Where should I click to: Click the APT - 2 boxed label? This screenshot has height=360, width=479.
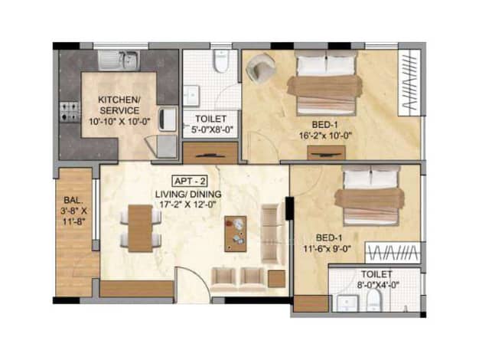(x=190, y=182)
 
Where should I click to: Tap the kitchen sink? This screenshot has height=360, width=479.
(x=119, y=61)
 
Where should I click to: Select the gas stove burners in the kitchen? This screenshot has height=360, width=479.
(x=70, y=112)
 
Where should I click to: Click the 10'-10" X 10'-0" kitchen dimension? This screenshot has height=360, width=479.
(x=120, y=122)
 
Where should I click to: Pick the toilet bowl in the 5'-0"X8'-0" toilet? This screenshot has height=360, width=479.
(x=221, y=61)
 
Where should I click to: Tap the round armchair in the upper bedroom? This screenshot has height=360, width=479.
(x=261, y=68)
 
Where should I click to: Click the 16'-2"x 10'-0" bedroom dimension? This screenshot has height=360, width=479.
(x=325, y=136)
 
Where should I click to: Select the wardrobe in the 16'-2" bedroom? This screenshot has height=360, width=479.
(x=409, y=83)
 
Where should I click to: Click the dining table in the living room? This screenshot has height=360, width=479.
(x=140, y=228)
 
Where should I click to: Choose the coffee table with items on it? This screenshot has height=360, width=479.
(x=236, y=234)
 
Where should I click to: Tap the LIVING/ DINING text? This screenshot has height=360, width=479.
(x=188, y=195)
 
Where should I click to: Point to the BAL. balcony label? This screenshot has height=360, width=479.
(x=73, y=201)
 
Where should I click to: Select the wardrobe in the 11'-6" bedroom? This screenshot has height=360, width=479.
(x=393, y=253)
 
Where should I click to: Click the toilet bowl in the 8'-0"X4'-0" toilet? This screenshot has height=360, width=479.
(x=374, y=300)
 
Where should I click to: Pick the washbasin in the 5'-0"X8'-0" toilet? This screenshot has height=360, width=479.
(x=191, y=96)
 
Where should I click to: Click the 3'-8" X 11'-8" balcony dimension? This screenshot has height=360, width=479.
(x=73, y=216)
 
